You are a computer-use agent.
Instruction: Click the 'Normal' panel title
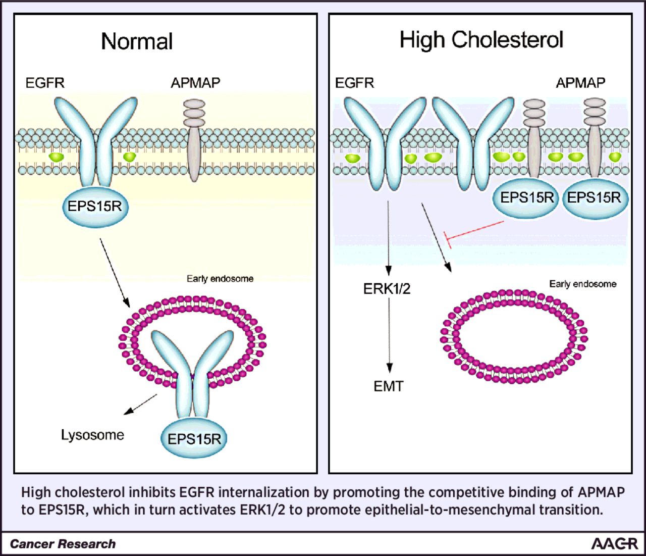click(x=137, y=41)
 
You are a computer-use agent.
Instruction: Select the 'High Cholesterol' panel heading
click(x=481, y=40)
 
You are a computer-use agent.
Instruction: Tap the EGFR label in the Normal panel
click(x=45, y=83)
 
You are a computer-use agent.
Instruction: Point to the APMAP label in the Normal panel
click(x=195, y=83)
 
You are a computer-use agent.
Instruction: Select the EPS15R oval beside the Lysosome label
click(x=194, y=439)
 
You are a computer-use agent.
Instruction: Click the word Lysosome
click(x=92, y=435)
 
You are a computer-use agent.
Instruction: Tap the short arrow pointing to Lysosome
click(x=141, y=405)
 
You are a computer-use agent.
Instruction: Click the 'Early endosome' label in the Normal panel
click(x=220, y=279)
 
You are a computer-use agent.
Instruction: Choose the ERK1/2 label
click(x=387, y=289)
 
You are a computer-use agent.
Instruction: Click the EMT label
click(x=389, y=386)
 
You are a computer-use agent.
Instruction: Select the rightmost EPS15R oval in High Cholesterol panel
click(x=594, y=198)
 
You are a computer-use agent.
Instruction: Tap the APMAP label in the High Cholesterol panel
click(x=580, y=83)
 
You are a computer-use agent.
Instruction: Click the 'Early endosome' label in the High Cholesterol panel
click(x=583, y=284)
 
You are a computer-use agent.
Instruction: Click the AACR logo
click(x=614, y=544)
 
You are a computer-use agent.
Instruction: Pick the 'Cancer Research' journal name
click(x=63, y=544)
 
